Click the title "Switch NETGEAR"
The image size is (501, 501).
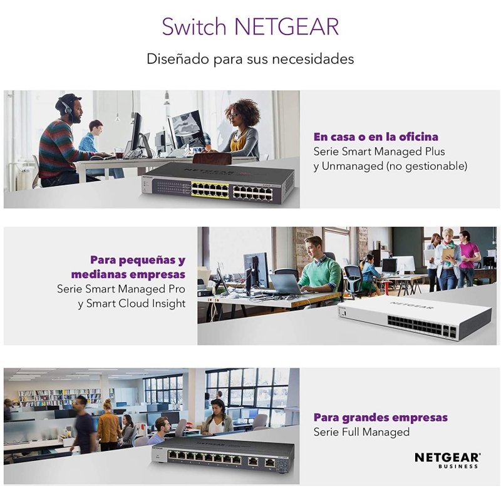pyautogui.click(x=250, y=27)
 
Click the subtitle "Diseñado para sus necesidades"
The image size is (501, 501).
pyautogui.click(x=250, y=59)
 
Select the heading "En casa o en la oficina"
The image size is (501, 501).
pyautogui.click(x=376, y=137)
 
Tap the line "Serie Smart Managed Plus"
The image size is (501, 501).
pyautogui.click(x=379, y=152)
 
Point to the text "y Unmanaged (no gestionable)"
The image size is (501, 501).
pyautogui.click(x=390, y=166)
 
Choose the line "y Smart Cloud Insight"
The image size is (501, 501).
pyautogui.click(x=132, y=304)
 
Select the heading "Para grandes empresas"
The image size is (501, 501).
pyautogui.click(x=380, y=417)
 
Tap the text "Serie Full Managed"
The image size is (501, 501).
pyautogui.click(x=361, y=432)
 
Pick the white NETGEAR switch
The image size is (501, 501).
pyautogui.click(x=414, y=318)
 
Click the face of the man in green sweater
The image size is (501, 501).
pyautogui.click(x=317, y=245)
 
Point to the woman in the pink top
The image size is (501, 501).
pyautogui.click(x=467, y=257)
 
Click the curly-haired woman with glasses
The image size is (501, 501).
pyautogui.click(x=241, y=128)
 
